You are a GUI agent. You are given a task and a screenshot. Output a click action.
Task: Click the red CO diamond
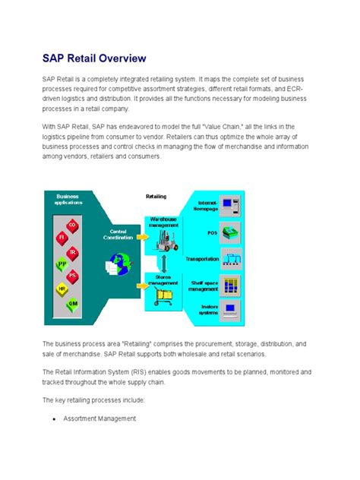(72, 225)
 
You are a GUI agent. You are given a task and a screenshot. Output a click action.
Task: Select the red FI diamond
(62, 238)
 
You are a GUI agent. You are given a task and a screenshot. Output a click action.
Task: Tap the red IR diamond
(72, 251)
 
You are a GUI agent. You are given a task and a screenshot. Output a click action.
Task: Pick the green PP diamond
(62, 264)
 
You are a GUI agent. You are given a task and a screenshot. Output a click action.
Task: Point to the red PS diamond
(72, 276)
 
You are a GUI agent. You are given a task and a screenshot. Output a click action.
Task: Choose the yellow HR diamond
(62, 289)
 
